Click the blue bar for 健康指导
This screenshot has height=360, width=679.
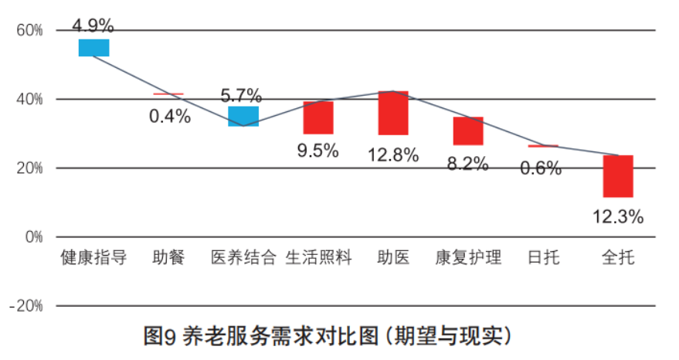tap(93, 48)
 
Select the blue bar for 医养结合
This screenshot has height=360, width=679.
tap(243, 117)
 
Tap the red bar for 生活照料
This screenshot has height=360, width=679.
tap(317, 117)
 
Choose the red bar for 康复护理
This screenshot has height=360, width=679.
tap(468, 131)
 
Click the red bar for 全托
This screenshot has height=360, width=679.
tap(618, 176)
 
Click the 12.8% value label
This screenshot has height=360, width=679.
tap(393, 155)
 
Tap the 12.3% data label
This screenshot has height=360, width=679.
tap(618, 217)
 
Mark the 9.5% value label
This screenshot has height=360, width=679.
tap(317, 151)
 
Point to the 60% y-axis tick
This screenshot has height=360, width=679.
tap(29, 31)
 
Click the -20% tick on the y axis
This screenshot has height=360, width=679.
tap(25, 306)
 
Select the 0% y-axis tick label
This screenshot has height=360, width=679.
tap(33, 237)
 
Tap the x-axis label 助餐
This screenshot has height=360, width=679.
tap(168, 257)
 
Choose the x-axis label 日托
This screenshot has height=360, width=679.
tap(543, 257)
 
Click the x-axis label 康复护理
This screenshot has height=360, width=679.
tap(468, 257)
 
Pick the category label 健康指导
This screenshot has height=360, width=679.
tap(93, 257)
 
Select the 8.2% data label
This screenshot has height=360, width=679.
tap(468, 164)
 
